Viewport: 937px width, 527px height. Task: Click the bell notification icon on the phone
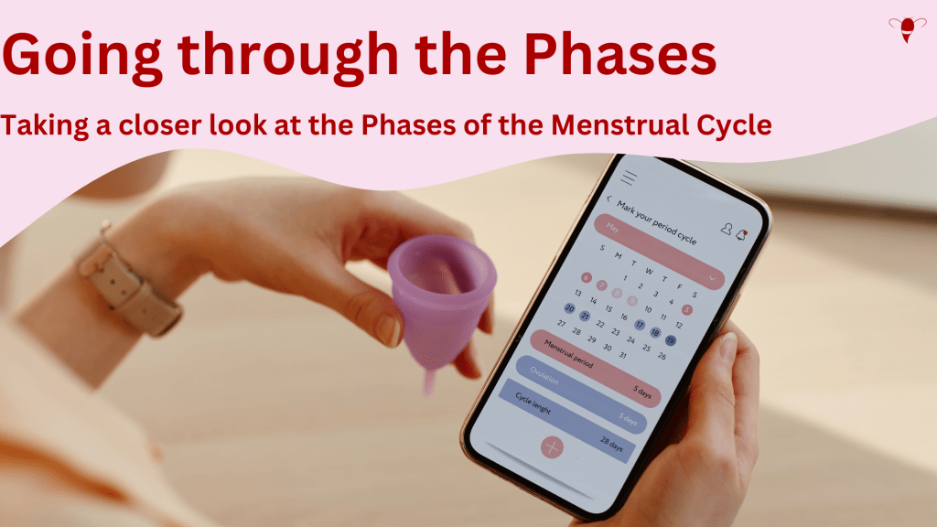click(744, 236)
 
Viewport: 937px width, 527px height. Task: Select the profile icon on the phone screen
click(726, 230)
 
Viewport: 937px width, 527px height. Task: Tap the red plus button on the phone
click(551, 446)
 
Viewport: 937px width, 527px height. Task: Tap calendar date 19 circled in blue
click(671, 340)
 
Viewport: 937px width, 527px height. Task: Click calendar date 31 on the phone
click(624, 355)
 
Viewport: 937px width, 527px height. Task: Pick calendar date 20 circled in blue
click(569, 308)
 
